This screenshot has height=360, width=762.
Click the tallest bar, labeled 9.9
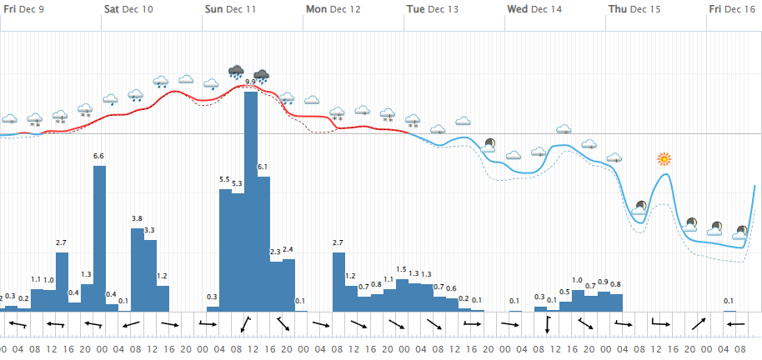coord(250,200)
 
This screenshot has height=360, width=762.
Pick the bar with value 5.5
coord(225,250)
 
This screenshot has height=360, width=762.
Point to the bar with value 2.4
coord(288,284)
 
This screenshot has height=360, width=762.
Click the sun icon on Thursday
coord(664,158)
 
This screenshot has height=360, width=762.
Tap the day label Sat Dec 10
coord(128,9)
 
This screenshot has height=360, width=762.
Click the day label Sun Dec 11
coord(230,9)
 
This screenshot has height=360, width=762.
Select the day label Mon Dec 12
coord(333,9)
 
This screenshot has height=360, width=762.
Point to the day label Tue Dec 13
coord(432,9)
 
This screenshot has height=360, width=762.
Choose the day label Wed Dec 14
coord(534,9)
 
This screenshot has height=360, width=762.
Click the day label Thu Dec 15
coord(634,9)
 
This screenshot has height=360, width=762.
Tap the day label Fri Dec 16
coord(733,9)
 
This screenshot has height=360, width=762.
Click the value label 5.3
coord(238,183)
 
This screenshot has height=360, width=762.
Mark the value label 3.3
coord(150,230)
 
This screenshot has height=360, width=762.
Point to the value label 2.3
coord(276,252)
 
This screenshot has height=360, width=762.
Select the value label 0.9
coord(604,282)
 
